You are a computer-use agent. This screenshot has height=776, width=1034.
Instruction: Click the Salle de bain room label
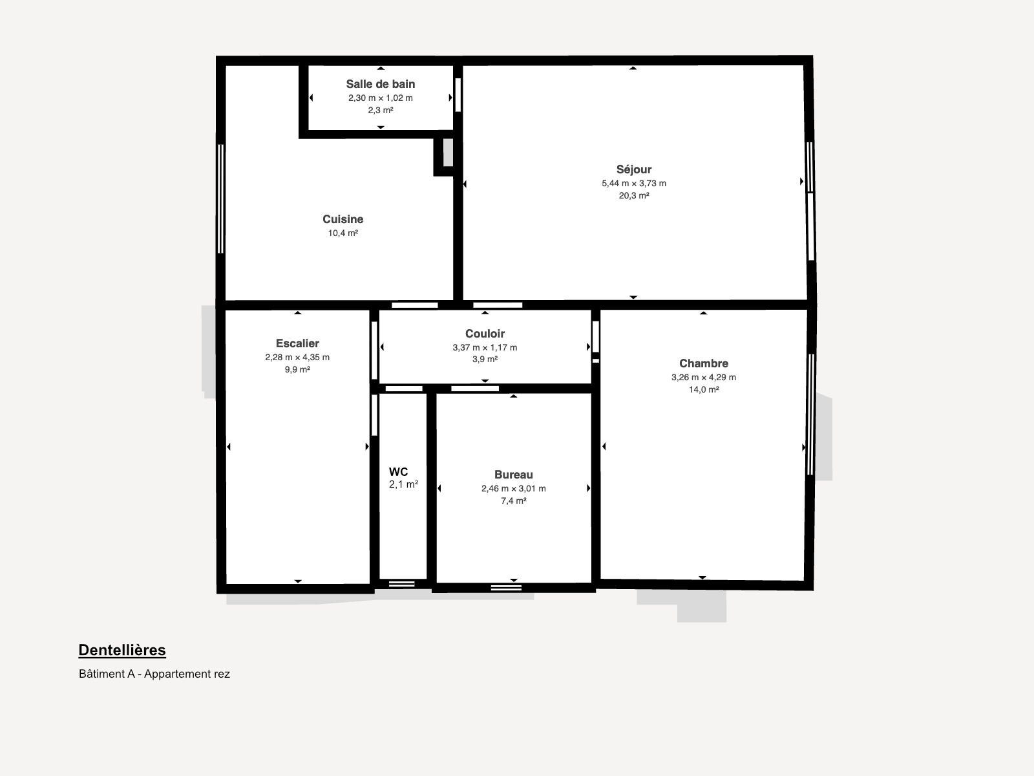pos(381,84)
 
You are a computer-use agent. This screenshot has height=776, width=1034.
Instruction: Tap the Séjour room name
pos(634,169)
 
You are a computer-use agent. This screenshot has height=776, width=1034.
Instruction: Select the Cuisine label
pos(343,219)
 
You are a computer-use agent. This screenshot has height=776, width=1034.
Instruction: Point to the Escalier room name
pos(297,343)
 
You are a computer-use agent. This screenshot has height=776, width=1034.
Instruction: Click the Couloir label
pos(485,334)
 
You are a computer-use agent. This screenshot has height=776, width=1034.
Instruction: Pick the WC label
pos(399,471)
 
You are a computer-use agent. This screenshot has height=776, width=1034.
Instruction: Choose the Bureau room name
pos(514,475)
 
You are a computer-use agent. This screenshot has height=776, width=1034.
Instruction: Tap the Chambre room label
pos(704,363)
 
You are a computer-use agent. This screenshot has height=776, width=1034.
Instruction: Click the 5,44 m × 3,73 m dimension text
pos(634,183)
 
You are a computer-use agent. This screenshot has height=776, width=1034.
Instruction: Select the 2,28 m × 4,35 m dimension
pos(297,357)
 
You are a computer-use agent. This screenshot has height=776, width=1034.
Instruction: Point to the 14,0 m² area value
pos(704,390)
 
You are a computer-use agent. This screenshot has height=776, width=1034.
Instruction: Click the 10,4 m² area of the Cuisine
pos(343,233)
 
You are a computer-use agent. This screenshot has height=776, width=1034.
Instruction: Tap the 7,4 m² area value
pos(514,501)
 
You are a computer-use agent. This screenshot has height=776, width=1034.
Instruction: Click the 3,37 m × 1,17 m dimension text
pos(485,347)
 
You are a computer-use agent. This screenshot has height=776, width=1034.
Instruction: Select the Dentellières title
pos(122,650)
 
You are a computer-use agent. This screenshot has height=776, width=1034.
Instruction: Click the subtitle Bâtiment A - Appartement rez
pos(154,674)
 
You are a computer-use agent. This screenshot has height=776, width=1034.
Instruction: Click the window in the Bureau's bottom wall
pos(507,588)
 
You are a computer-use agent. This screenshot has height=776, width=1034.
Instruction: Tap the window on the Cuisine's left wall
pos(220,199)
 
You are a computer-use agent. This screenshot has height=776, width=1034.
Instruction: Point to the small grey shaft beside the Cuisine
pos(448,152)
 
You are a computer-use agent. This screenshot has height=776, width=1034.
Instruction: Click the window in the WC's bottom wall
pos(402,584)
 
